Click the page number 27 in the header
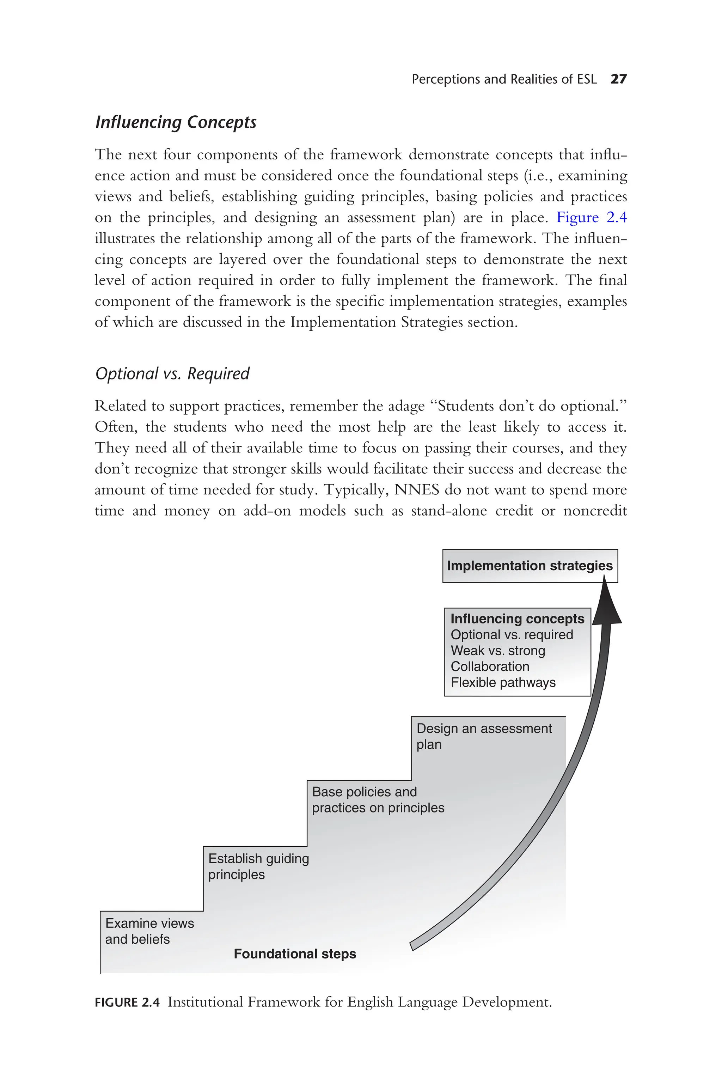(618, 79)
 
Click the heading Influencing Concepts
(176, 122)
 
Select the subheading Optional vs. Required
(172, 373)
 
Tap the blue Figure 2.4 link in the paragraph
(591, 217)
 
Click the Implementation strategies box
(530, 566)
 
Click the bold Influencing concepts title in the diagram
(517, 619)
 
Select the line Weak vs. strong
(498, 651)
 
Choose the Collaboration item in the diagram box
(490, 666)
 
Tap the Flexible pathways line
(503, 682)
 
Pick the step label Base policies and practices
(378, 799)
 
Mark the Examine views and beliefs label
(149, 931)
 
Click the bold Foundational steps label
(295, 954)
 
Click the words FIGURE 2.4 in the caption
(127, 1003)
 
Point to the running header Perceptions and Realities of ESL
(504, 79)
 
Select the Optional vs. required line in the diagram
(512, 635)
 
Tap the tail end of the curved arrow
(412, 945)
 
